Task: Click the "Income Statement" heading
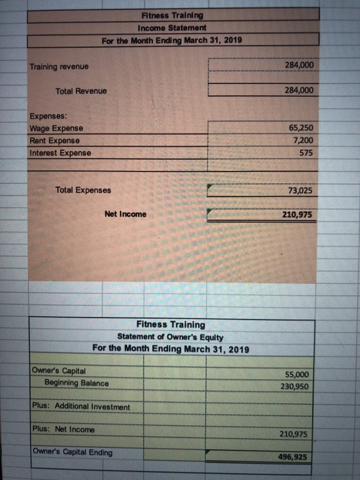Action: [x=167, y=27]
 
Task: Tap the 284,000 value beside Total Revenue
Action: [x=298, y=90]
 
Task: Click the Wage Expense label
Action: [x=56, y=129]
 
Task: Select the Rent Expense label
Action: [x=56, y=141]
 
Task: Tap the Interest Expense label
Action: [x=60, y=152]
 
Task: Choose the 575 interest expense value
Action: [x=306, y=153]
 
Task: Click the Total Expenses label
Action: [x=83, y=190]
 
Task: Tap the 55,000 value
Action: [x=296, y=374]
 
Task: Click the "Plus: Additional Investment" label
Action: [x=81, y=407]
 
